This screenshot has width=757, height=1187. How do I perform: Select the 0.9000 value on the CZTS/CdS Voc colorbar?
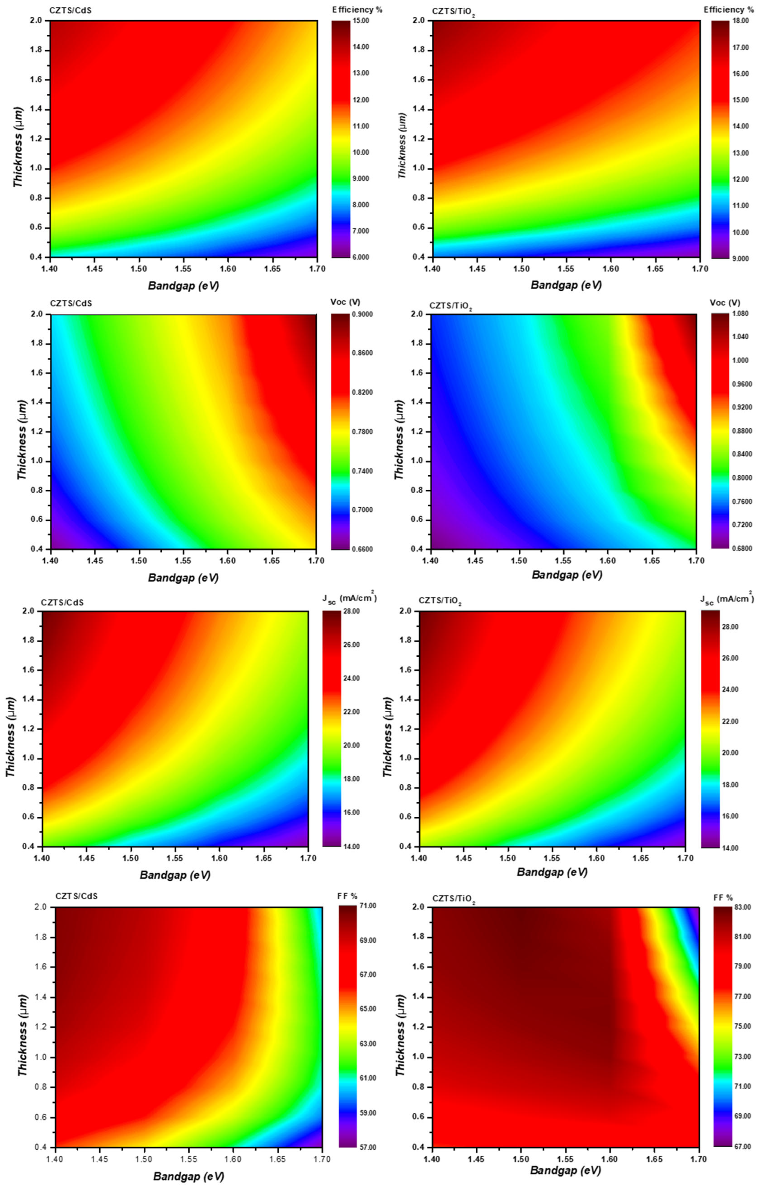[x=363, y=314]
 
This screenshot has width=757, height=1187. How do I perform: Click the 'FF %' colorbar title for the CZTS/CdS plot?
[x=348, y=896]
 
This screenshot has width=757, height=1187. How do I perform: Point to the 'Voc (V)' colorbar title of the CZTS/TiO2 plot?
[x=725, y=303]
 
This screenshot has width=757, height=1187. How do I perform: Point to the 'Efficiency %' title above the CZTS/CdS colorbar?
[x=357, y=9]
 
